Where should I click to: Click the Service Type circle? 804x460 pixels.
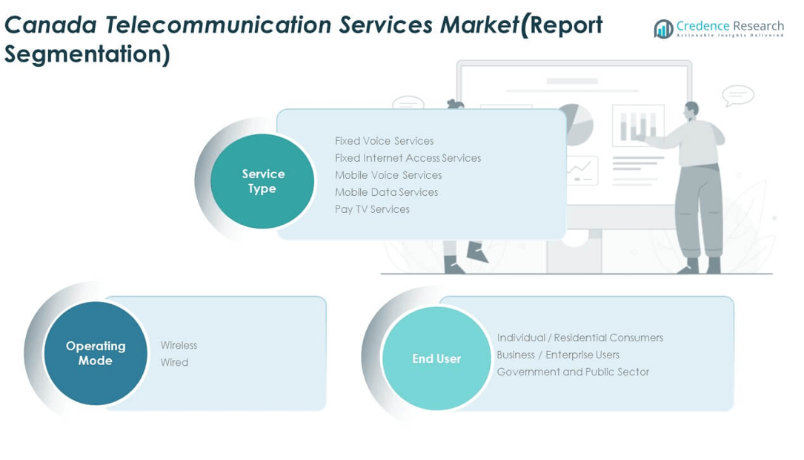pos(262,181)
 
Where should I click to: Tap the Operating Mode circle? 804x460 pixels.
pos(96,353)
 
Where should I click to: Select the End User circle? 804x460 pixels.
pos(436,358)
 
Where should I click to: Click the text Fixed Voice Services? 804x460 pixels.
pos(384,141)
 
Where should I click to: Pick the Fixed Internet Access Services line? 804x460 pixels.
pos(408,158)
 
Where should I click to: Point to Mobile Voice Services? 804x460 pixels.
pos(388,175)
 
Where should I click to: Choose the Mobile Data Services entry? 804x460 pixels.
pos(386,192)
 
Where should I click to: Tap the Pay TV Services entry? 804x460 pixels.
pos(372,209)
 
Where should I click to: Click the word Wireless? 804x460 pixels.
pos(179,345)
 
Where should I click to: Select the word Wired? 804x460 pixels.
pos(174,362)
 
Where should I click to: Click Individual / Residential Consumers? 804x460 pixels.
pos(579,338)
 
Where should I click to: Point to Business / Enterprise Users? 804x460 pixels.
pos(558,355)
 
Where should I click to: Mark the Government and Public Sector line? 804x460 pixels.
pos(573,372)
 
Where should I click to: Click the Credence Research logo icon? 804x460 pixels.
pos(663,29)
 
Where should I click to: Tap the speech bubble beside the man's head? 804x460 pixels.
pos(737,96)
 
